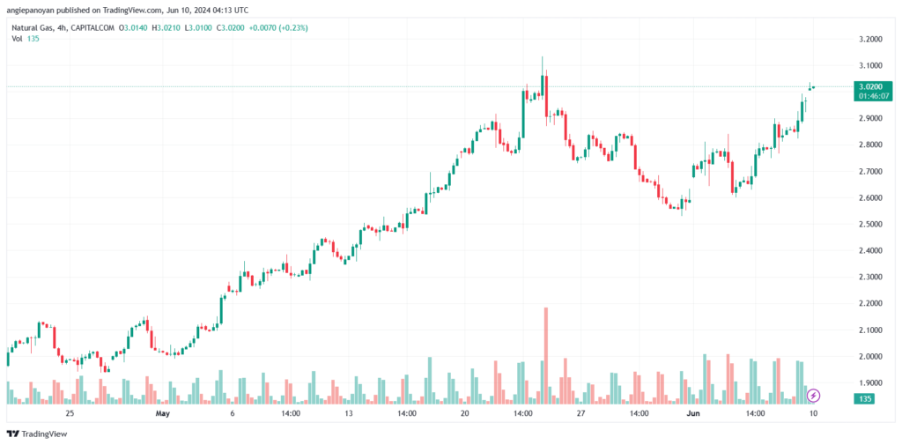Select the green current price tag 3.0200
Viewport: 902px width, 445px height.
(x=870, y=86)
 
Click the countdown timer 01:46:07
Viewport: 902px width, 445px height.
(x=870, y=96)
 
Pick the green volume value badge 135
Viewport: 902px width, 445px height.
(x=864, y=399)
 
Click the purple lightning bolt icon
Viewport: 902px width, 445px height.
(x=814, y=396)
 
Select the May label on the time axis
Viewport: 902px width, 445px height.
(x=161, y=412)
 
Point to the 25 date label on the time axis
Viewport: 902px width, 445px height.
(x=69, y=412)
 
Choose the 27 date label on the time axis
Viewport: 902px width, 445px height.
(x=581, y=412)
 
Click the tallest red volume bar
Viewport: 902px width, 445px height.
(x=546, y=352)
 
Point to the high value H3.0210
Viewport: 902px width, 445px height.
(x=167, y=27)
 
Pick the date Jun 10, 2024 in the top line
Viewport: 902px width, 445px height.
(x=189, y=10)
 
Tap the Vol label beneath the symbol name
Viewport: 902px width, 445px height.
(x=17, y=39)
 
